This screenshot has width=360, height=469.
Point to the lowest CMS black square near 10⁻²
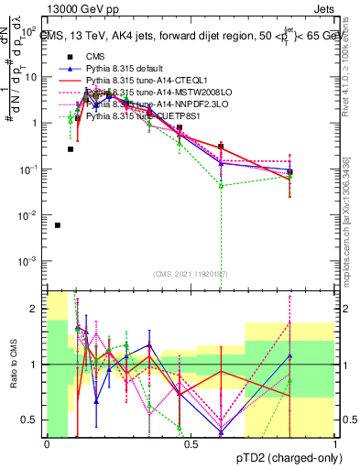tap(58, 224)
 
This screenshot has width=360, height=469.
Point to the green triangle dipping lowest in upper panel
tap(221, 185)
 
